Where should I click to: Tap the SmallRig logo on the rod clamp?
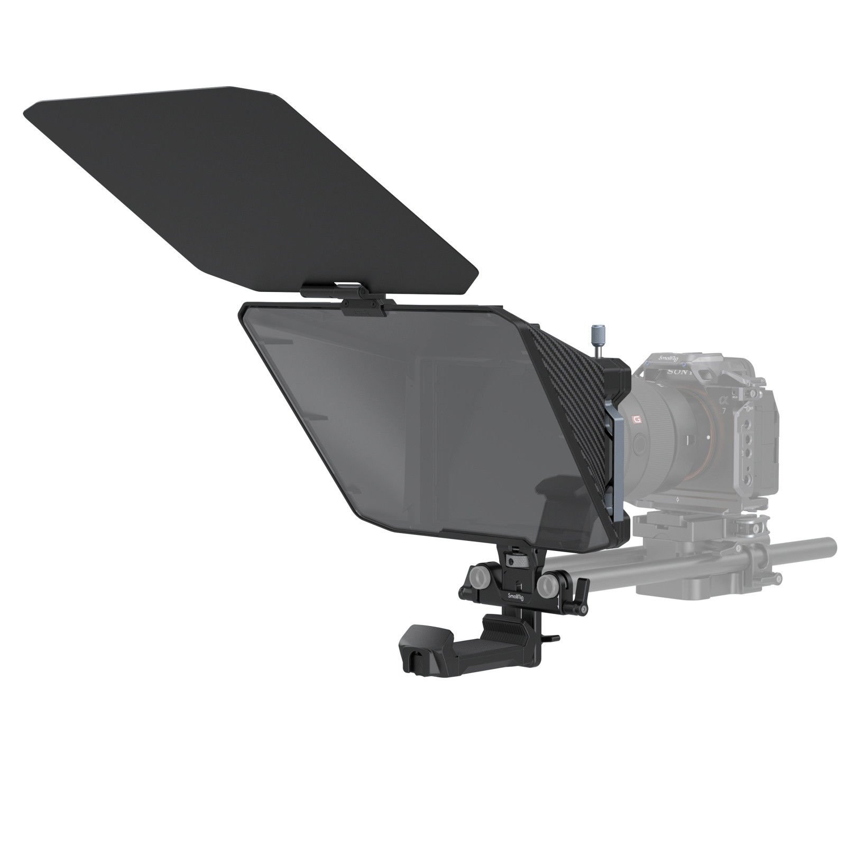[517, 596]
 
